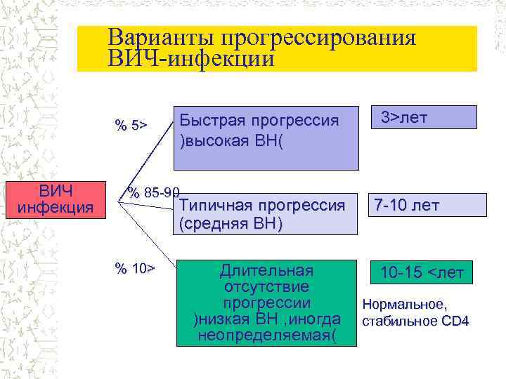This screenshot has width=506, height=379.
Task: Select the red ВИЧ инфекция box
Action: (56, 199)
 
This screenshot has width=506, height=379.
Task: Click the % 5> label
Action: (131, 126)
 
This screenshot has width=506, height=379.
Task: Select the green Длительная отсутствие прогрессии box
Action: (266, 303)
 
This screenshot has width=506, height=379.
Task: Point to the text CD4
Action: (455, 322)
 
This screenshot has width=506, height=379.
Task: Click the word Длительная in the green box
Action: (266, 270)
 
